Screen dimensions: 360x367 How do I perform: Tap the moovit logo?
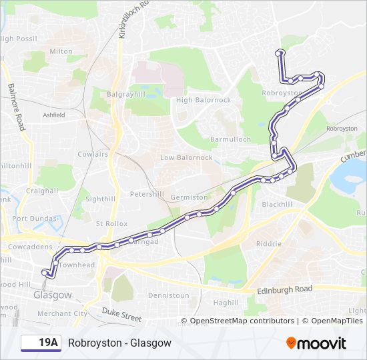click(316, 343)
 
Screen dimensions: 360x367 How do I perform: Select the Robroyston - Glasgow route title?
click(119, 343)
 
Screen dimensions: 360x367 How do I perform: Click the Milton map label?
click(61, 51)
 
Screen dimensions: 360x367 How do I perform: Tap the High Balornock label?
click(203, 100)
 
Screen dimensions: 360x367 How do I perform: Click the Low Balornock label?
click(186, 158)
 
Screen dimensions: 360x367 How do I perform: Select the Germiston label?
click(189, 198)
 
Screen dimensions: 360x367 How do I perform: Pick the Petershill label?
click(146, 195)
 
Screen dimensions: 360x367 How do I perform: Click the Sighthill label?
click(101, 199)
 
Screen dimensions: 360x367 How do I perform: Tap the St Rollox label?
click(112, 223)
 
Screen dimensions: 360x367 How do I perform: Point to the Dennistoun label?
click(169, 295)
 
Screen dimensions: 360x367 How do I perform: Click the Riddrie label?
click(268, 244)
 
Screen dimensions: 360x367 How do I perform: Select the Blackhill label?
click(277, 204)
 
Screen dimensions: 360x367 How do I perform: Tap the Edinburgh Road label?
click(284, 290)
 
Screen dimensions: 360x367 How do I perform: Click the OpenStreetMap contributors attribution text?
click(242, 321)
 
